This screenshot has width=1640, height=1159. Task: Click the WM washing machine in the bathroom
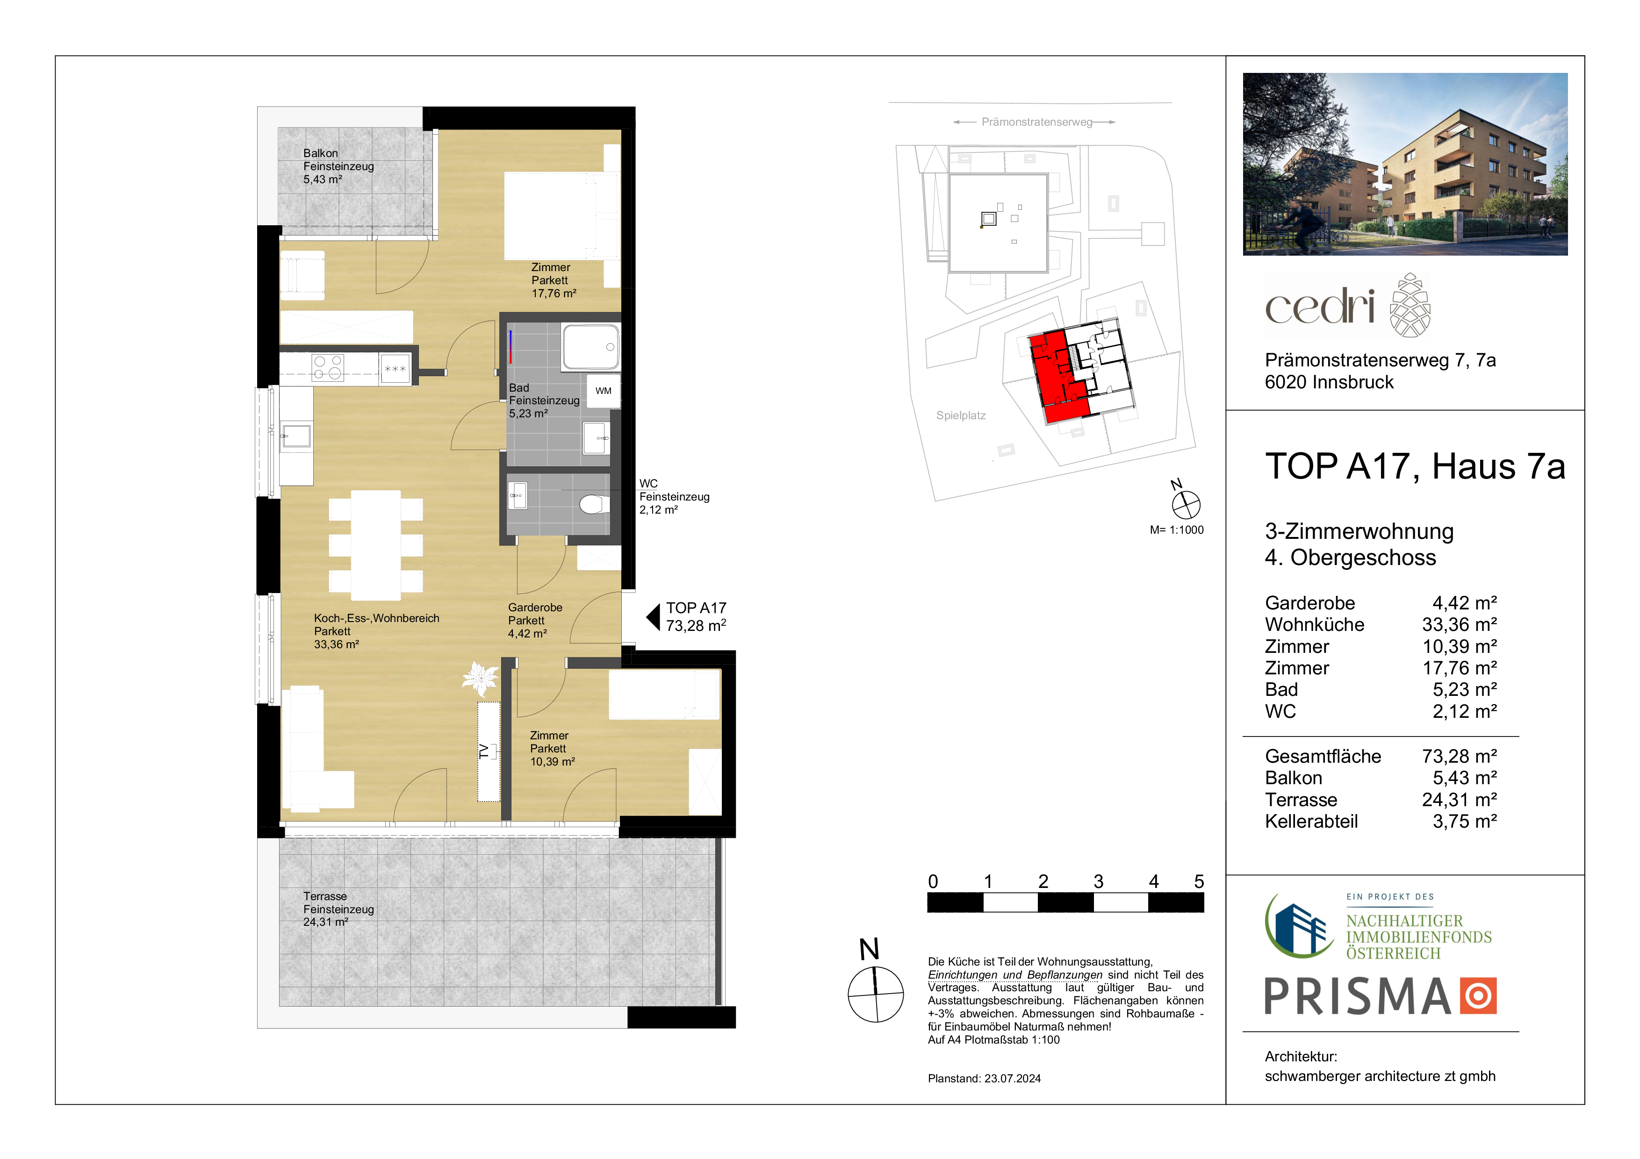click(x=604, y=391)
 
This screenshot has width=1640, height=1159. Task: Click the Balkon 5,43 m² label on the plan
click(x=338, y=166)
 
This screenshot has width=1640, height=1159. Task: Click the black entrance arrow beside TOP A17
click(x=653, y=617)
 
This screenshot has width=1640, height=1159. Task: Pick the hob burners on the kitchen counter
click(x=328, y=368)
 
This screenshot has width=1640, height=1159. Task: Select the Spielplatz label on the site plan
click(x=961, y=415)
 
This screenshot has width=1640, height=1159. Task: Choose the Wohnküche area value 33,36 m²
click(x=1459, y=625)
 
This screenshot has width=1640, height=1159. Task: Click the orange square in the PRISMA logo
click(x=1478, y=996)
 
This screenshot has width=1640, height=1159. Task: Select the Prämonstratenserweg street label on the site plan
click(x=1036, y=122)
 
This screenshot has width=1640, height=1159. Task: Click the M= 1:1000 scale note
click(x=1176, y=530)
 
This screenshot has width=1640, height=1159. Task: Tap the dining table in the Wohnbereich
click(x=376, y=545)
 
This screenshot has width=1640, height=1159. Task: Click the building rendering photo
click(x=1405, y=164)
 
